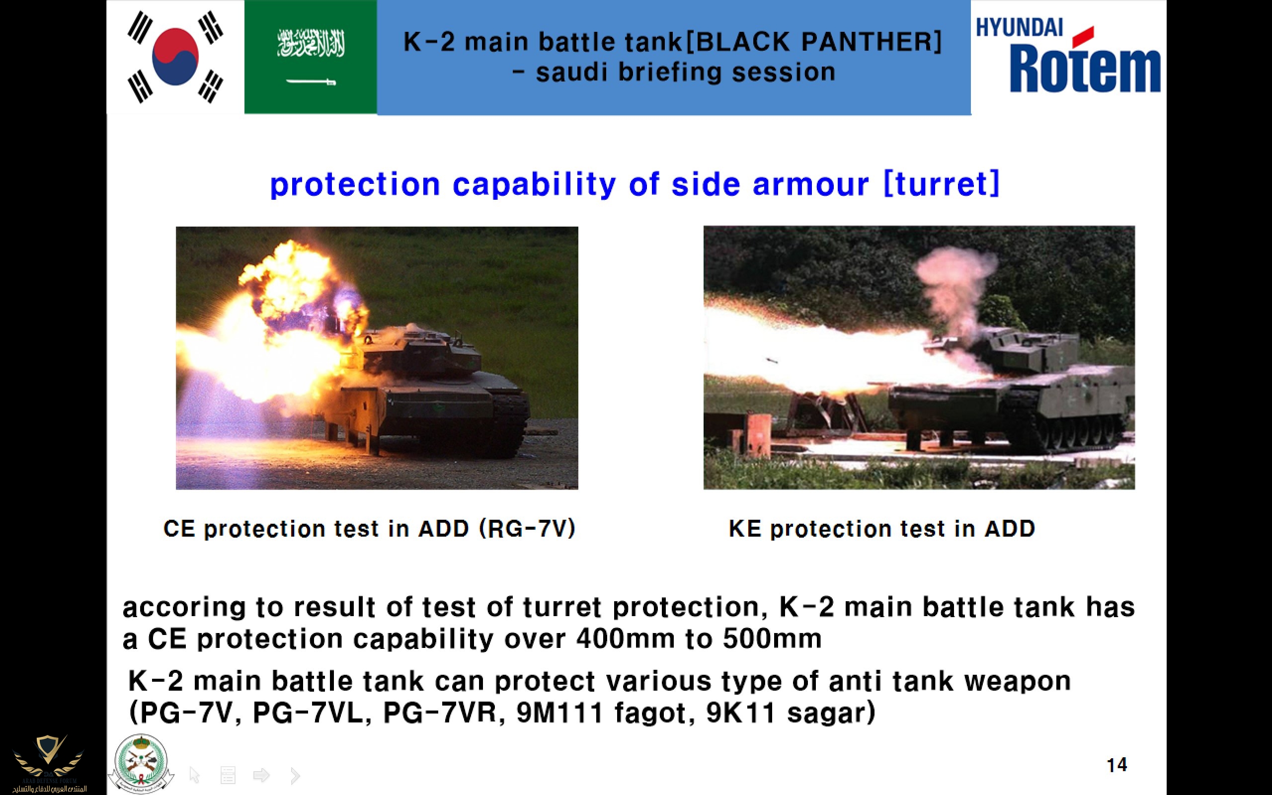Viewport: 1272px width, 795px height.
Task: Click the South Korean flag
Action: (175, 57)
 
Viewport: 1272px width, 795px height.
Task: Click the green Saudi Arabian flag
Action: (311, 57)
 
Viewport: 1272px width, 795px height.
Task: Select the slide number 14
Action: (1117, 765)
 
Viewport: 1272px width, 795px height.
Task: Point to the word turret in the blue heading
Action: (942, 184)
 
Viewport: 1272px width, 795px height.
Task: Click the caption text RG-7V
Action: (527, 528)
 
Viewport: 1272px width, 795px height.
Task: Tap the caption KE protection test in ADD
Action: (881, 528)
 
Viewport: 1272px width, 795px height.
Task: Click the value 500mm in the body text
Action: (772, 639)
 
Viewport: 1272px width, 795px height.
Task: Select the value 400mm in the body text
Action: (626, 639)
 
